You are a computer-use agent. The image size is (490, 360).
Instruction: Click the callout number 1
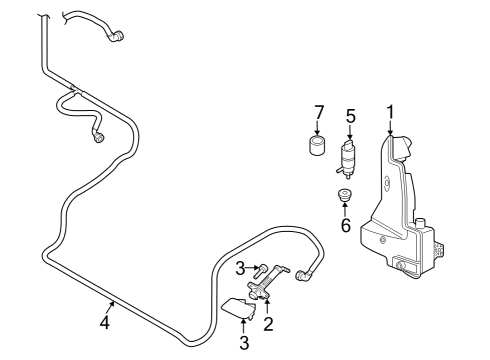(x=390, y=113)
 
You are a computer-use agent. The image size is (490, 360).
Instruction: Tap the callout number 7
(x=319, y=112)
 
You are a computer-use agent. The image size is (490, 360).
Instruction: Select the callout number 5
(x=351, y=116)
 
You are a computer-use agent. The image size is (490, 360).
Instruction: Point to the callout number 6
(x=346, y=225)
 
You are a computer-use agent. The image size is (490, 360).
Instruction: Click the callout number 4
(x=105, y=322)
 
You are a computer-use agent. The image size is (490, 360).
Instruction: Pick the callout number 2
(x=268, y=324)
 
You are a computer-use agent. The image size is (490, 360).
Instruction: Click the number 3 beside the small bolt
(x=240, y=269)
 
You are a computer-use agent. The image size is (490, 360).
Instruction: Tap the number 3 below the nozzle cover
(x=244, y=342)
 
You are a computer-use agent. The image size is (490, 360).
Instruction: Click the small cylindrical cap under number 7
(x=317, y=145)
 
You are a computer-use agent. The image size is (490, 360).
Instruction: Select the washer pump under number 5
(x=347, y=159)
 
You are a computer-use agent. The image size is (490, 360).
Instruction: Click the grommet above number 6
(x=344, y=194)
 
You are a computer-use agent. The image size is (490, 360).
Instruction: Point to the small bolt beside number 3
(x=261, y=271)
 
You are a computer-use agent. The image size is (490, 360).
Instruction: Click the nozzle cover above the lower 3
(x=239, y=308)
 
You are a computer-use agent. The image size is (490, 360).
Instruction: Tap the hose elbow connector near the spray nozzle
(x=304, y=275)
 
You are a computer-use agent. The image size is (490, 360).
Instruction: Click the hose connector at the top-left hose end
(x=116, y=36)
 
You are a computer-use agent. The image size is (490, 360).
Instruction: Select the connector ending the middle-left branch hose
(x=98, y=137)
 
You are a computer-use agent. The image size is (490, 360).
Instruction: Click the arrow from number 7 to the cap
(x=317, y=128)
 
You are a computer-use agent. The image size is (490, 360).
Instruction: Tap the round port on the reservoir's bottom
(x=400, y=266)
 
